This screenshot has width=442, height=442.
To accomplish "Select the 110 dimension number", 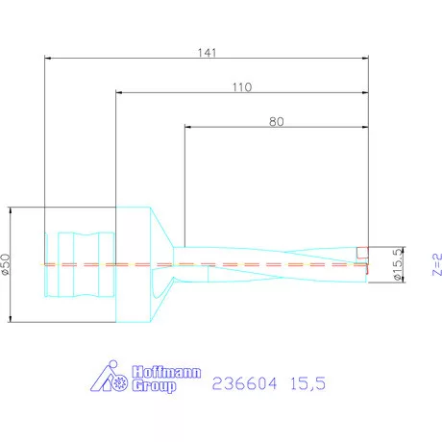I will coord(241,86).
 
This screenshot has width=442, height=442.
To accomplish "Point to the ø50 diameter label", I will coord(8,265).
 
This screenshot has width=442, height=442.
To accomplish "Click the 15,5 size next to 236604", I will coord(308,382).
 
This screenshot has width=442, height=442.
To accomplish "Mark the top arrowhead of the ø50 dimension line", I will coord(10,210).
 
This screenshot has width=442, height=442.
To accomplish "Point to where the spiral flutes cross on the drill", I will coord(288,265).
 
